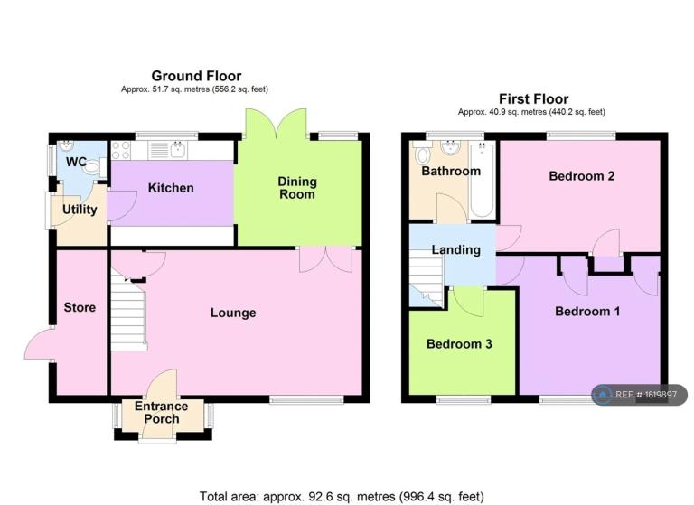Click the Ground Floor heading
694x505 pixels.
click(196, 76)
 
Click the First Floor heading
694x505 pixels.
click(533, 98)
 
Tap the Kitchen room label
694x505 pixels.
click(171, 188)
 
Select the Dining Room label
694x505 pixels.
click(297, 188)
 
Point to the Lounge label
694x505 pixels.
click(233, 313)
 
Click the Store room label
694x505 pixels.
click(80, 307)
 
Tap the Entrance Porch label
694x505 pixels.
click(162, 413)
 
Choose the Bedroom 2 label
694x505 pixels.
click(582, 176)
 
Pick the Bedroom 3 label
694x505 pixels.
click(459, 344)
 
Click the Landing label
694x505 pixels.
click(455, 250)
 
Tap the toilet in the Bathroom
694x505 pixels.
click(423, 154)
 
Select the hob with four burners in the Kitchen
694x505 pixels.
click(120, 150)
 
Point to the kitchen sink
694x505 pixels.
click(177, 150)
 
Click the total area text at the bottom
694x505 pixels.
click(342, 497)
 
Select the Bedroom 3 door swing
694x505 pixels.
click(468, 302)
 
